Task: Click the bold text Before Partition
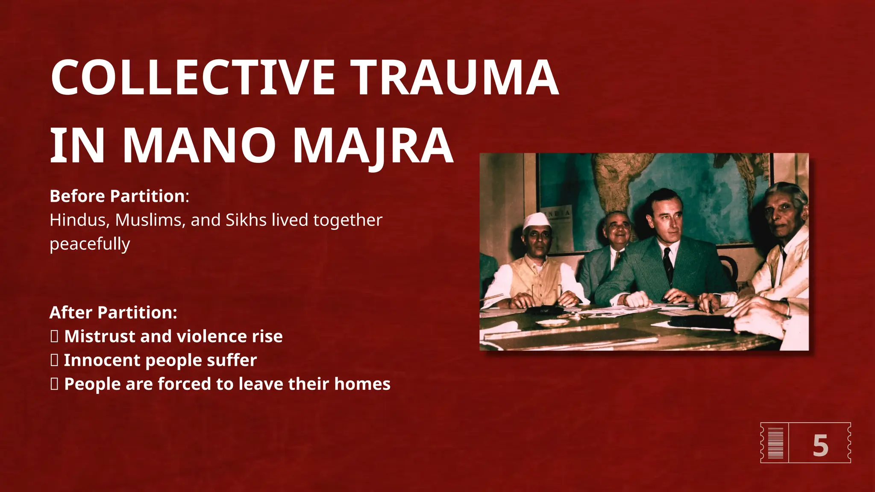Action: pyautogui.click(x=117, y=196)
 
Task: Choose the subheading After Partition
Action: pyautogui.click(x=113, y=313)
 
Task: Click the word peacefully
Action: pyautogui.click(x=90, y=244)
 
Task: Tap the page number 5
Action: pyautogui.click(x=820, y=446)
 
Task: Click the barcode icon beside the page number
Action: pyautogui.click(x=775, y=443)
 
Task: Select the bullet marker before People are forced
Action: pyautogui.click(x=54, y=384)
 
